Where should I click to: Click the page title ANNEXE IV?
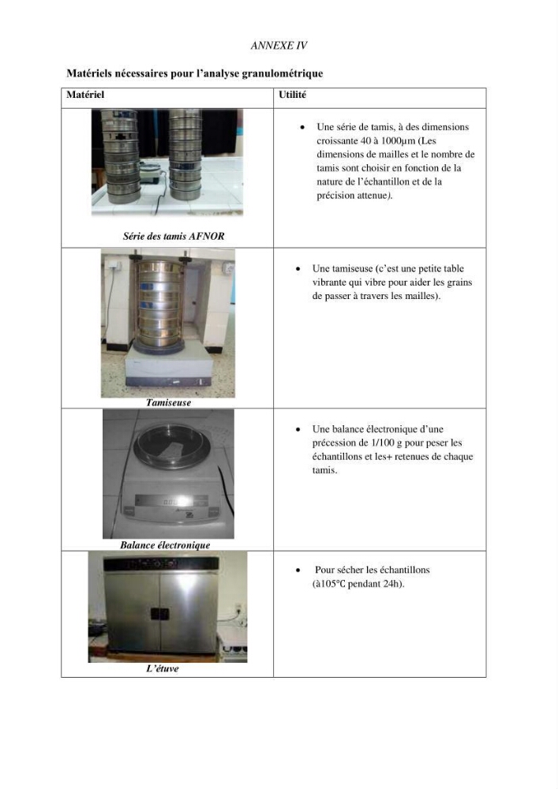(x=279, y=45)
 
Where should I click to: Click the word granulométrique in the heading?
(x=283, y=73)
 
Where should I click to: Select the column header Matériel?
(x=85, y=94)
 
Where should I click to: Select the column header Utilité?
(x=292, y=94)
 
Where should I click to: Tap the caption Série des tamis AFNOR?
(x=174, y=235)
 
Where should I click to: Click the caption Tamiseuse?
(x=168, y=402)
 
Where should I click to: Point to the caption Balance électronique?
(x=165, y=544)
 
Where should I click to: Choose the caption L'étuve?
(x=162, y=668)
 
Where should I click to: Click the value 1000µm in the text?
(x=399, y=140)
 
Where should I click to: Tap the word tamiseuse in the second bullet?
(x=350, y=268)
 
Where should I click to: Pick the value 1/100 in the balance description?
(x=382, y=443)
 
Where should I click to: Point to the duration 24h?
(x=394, y=584)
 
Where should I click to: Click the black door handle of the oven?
(x=159, y=613)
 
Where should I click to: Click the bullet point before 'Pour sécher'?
(x=298, y=570)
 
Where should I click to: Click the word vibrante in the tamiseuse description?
(x=330, y=282)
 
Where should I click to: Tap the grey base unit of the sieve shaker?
(x=169, y=368)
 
